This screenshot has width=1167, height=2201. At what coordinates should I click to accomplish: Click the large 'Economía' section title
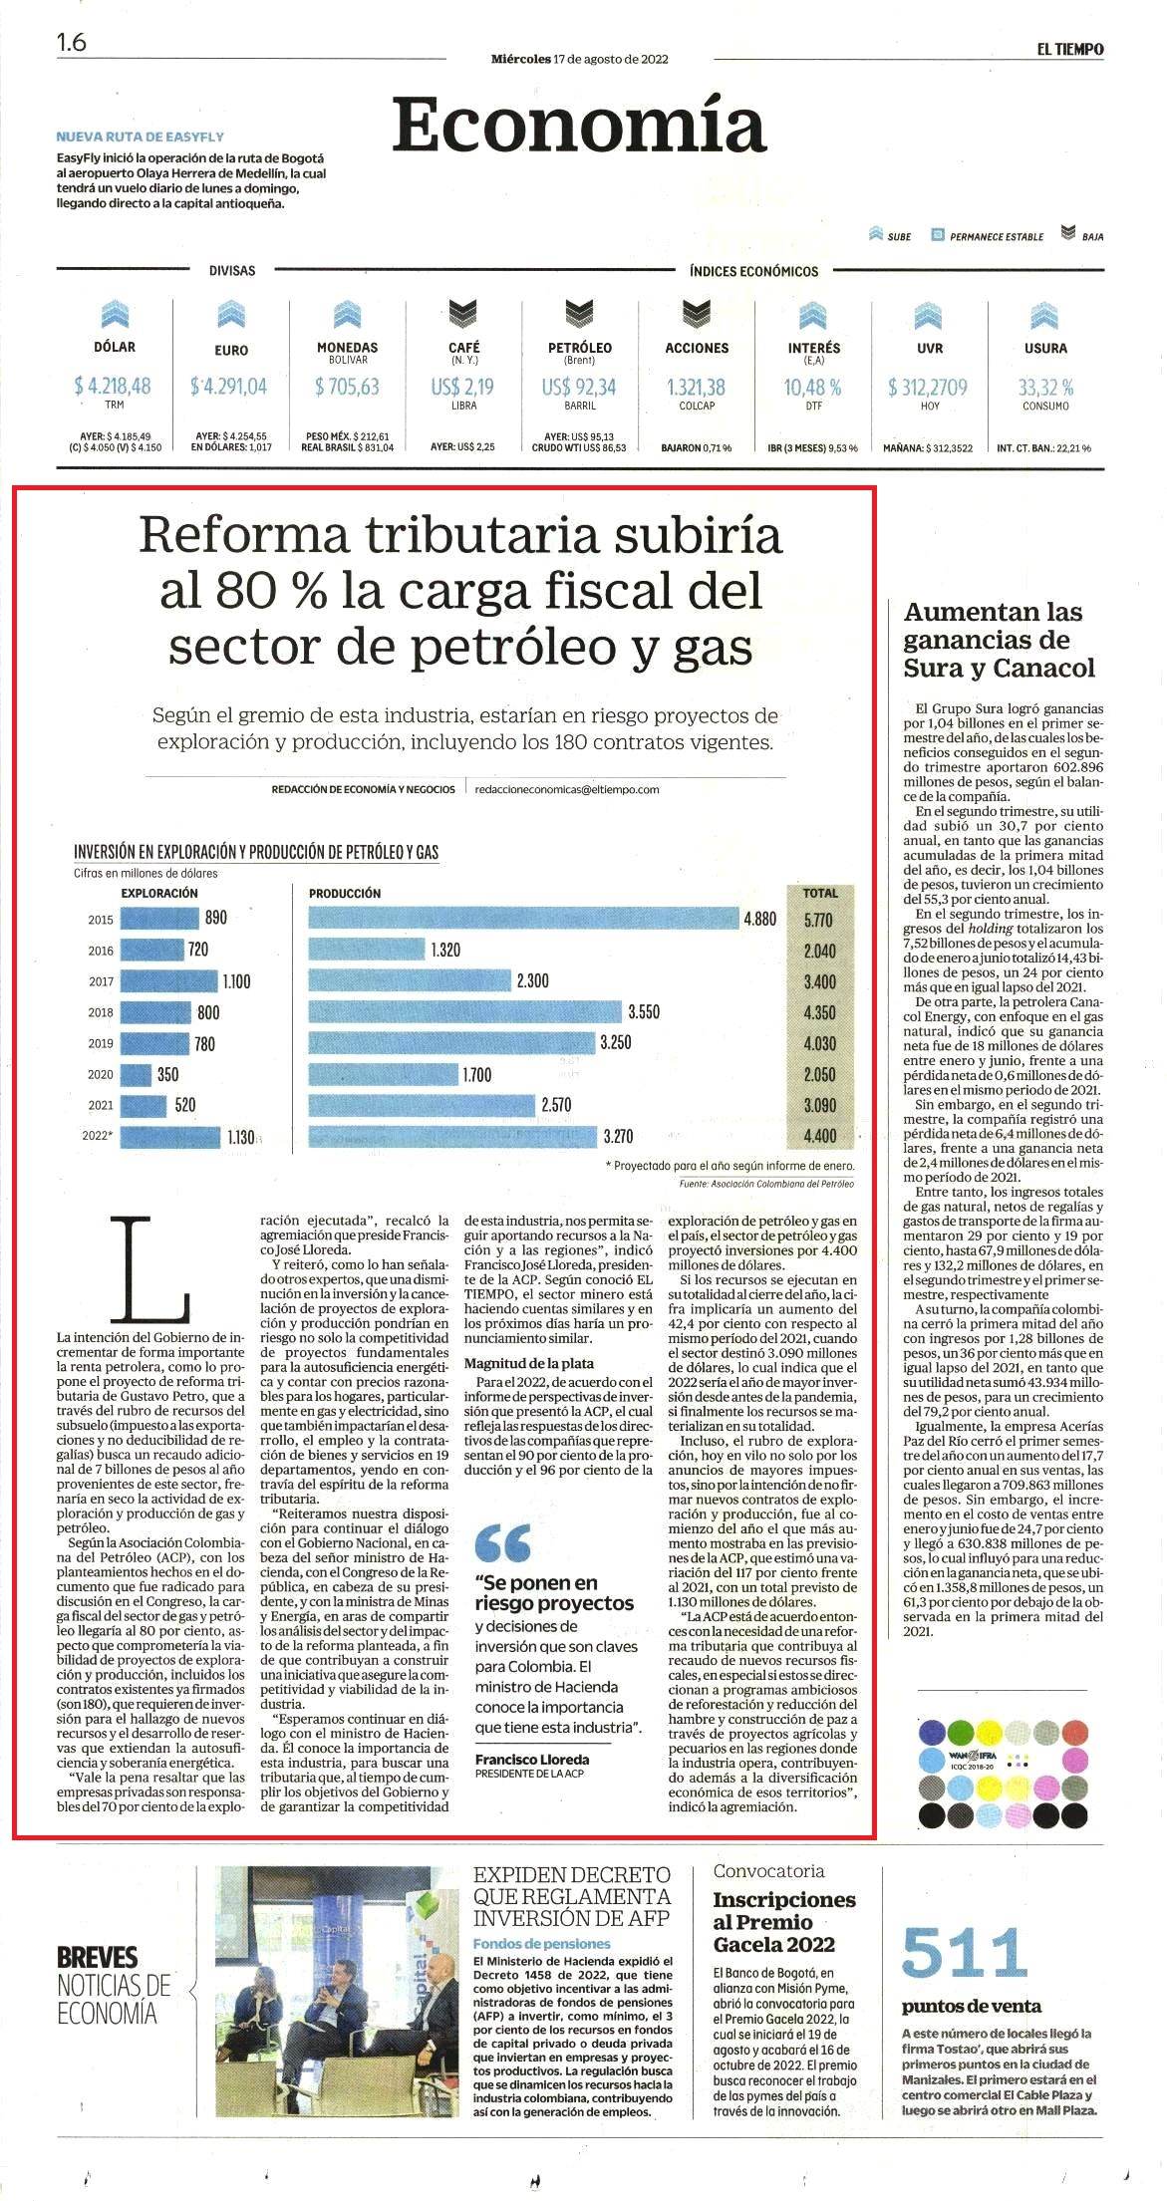(578, 126)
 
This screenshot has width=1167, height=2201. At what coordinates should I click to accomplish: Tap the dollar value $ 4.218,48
(113, 386)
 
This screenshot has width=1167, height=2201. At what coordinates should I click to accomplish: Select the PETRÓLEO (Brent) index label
(580, 353)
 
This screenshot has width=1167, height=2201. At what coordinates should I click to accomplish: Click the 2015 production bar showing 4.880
(524, 919)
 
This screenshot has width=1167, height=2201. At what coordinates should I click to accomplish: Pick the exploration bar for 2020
(136, 1074)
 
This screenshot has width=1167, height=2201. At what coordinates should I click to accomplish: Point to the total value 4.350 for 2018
(820, 1012)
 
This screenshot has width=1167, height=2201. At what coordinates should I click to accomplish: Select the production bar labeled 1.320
(367, 950)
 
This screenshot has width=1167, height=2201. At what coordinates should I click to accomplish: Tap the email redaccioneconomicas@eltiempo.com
(567, 789)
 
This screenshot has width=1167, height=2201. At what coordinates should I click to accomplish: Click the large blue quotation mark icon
(503, 1543)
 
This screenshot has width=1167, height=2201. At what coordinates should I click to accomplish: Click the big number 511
(964, 1953)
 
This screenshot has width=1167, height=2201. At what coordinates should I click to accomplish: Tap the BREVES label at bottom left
(98, 1956)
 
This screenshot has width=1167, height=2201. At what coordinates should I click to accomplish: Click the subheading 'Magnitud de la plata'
(529, 1363)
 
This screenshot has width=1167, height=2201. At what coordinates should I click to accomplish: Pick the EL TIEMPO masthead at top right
(1069, 49)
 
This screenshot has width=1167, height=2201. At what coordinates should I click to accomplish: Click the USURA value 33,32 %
(1045, 387)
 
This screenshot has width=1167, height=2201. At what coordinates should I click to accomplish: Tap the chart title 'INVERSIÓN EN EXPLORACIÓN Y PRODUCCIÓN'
(256, 852)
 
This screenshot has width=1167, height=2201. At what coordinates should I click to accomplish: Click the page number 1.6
(72, 42)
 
